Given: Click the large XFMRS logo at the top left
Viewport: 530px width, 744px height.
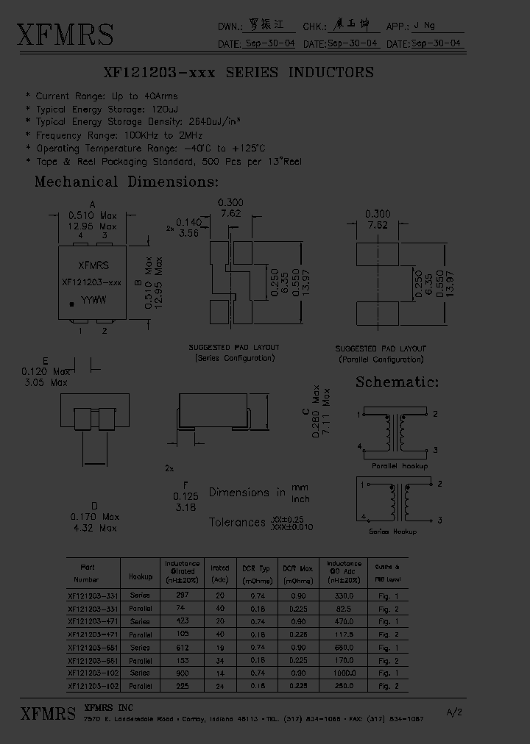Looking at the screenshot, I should coord(65,35).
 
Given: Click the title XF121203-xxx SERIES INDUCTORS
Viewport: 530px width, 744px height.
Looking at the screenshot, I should coord(240,73).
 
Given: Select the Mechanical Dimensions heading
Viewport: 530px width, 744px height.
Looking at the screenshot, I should coord(127,182).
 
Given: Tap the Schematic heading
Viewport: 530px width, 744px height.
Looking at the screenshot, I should coord(397,382).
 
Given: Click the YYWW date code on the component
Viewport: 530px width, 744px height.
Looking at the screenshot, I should coord(93,301).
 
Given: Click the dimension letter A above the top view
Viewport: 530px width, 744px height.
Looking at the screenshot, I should coord(92,205).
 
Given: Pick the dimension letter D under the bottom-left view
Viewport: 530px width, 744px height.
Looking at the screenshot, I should coord(93,506).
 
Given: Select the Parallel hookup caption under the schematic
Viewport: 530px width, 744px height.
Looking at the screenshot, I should coord(399,465).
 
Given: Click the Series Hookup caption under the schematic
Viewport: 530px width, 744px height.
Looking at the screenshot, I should coord(392,532).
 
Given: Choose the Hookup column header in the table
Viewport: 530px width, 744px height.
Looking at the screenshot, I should coord(140,577).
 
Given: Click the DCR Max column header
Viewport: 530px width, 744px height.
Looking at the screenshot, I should coord(297,569).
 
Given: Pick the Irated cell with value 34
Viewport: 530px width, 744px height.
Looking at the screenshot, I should coord(219,660).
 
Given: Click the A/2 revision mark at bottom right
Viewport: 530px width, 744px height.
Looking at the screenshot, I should coord(454,712).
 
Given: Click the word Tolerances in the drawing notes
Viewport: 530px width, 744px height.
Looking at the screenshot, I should coord(237,522).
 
